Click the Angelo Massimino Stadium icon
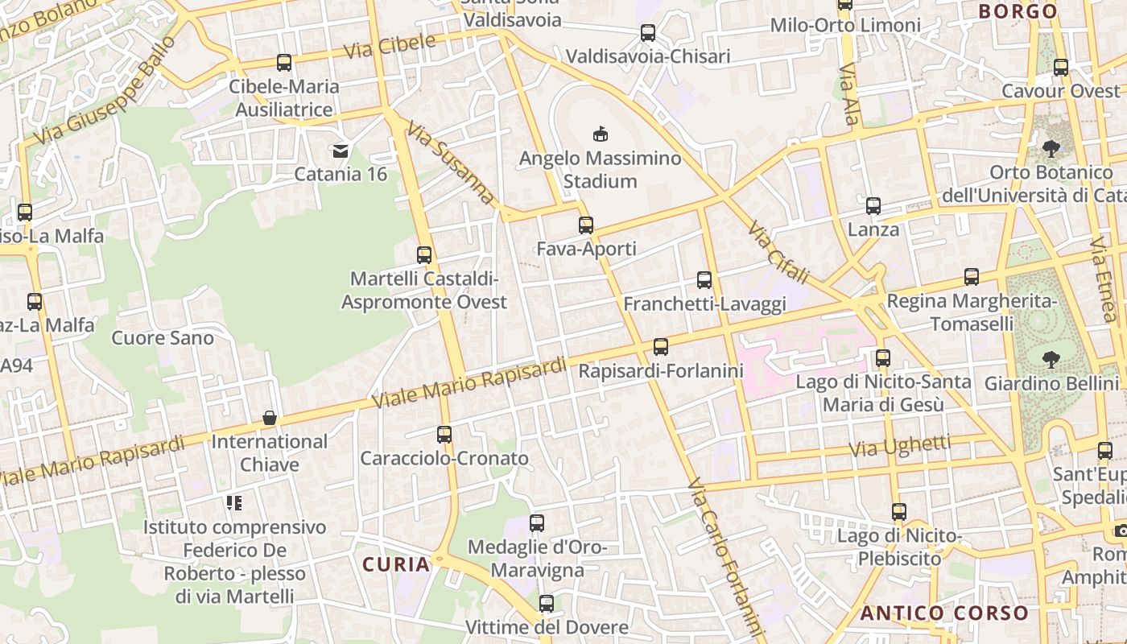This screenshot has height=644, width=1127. click(x=600, y=133)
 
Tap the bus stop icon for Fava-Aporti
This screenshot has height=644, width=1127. click(x=586, y=225)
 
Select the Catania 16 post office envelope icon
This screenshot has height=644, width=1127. click(x=341, y=151)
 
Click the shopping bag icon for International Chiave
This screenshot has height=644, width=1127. click(x=270, y=418)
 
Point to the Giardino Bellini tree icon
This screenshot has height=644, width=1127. click(x=1051, y=358)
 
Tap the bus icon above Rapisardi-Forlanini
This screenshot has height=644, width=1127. click(x=661, y=347)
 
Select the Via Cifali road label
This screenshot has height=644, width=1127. click(x=778, y=252)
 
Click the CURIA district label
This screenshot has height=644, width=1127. click(x=396, y=564)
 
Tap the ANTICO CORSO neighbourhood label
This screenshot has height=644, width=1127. click(x=944, y=613)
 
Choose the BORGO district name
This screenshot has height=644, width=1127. click(x=1018, y=11)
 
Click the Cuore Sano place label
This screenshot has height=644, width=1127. click(x=163, y=337)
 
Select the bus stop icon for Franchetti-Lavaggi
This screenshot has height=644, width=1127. click(x=704, y=280)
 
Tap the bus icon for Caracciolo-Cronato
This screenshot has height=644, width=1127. click(x=444, y=435)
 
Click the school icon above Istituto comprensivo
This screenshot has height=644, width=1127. click(x=234, y=503)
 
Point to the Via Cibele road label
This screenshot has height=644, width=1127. click(x=390, y=46)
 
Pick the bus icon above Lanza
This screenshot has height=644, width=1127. click(x=873, y=206)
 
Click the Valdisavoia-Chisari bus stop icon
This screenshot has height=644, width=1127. click(x=648, y=33)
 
